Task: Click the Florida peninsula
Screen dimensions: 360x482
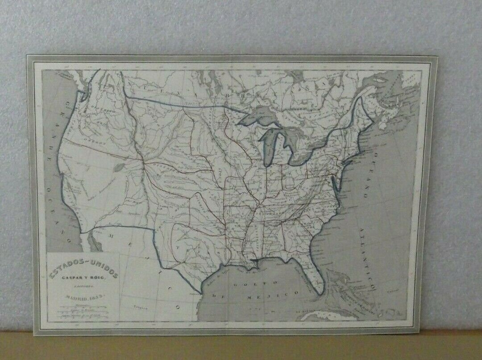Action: (312, 272)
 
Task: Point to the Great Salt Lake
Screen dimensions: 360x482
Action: (119, 167)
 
